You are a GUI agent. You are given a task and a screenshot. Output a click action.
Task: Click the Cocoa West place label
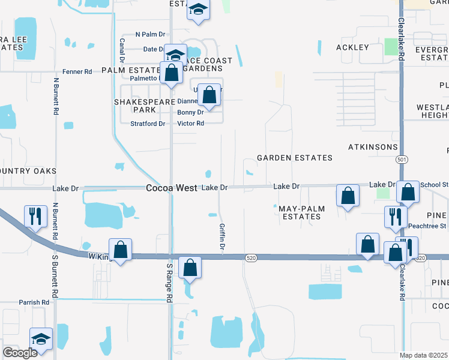tap(172, 188)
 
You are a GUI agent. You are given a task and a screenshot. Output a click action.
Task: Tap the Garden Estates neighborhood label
tap(294, 158)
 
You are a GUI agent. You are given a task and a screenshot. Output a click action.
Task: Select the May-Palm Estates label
tap(300, 212)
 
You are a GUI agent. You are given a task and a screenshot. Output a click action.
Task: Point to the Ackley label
tap(352, 47)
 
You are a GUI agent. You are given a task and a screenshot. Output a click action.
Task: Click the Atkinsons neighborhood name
tap(373, 147)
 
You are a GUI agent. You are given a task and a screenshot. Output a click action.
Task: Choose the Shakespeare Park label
tap(140, 106)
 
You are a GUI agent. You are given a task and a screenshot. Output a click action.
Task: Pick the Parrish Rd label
tap(33, 302)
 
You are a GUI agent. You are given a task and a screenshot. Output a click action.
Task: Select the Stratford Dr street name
tap(148, 124)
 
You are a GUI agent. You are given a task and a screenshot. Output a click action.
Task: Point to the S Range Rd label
tap(170, 282)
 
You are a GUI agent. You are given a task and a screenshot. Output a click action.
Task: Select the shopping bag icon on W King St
tap(120, 249)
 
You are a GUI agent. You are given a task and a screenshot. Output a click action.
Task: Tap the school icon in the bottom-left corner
tap(41, 338)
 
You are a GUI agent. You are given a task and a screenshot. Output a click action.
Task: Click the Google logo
tap(20, 353)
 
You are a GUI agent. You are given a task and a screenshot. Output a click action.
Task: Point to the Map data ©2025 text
tap(423, 355)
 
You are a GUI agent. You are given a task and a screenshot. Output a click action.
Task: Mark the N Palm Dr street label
tap(149, 34)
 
